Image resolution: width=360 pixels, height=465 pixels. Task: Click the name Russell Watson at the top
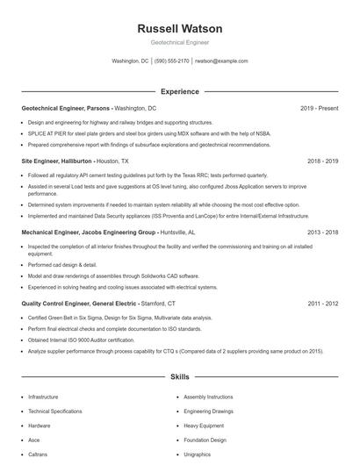[x=179, y=28]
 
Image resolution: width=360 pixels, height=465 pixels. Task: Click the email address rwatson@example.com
[x=220, y=61]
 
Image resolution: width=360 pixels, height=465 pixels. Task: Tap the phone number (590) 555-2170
[x=172, y=61]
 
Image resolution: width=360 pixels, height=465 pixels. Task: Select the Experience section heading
[x=179, y=91]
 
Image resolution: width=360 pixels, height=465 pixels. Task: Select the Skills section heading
[x=179, y=377]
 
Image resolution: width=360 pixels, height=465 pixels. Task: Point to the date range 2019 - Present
[x=319, y=108]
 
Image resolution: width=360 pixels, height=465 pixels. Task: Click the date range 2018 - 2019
[x=322, y=161]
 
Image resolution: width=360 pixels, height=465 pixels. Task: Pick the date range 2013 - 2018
[x=322, y=232]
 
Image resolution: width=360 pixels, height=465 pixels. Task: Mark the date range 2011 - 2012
[x=322, y=303]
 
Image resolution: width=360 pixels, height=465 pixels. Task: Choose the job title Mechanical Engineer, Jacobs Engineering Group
[x=88, y=232]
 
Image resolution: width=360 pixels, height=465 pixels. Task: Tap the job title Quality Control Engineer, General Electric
[x=78, y=303]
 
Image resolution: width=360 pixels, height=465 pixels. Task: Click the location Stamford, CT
[x=164, y=303]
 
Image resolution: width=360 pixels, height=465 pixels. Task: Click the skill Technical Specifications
[x=54, y=411]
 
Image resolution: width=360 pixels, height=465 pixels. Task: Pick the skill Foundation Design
[x=205, y=440]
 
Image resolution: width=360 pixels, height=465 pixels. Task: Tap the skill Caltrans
[x=39, y=454]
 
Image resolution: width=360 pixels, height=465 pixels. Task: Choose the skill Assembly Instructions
[x=208, y=397]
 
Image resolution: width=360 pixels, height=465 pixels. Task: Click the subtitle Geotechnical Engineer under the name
[x=179, y=42]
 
